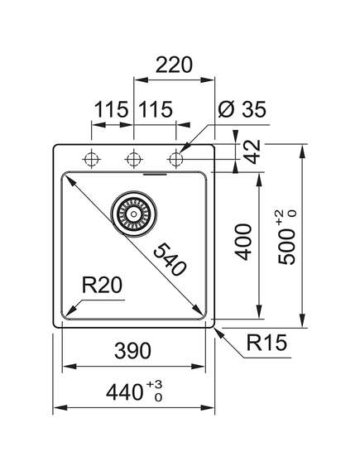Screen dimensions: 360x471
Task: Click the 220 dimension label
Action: coord(174,65)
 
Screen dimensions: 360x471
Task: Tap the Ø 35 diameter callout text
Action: coord(242,109)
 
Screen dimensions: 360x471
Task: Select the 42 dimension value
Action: coord(252,151)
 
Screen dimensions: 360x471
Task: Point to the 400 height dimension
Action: coord(242,242)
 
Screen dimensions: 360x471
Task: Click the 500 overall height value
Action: coord(286,247)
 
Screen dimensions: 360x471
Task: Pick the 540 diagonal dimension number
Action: coord(170,259)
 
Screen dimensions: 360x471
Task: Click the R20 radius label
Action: coord(102,285)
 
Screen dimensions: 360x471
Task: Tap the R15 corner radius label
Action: coord(266,342)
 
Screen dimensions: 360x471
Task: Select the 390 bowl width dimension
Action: coord(132,350)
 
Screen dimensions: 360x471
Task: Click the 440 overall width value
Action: coord(124,392)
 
